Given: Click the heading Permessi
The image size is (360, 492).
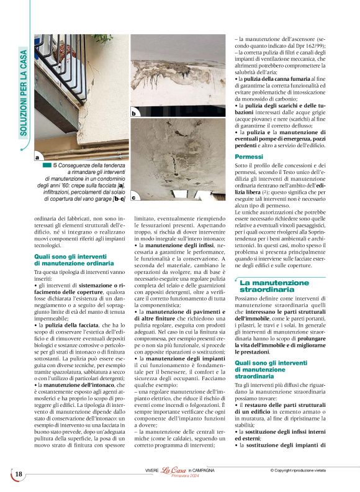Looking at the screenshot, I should tap(249, 157).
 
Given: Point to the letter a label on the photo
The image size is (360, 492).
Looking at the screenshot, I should tap(38, 158).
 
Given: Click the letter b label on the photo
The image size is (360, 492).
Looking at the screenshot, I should tap(133, 114).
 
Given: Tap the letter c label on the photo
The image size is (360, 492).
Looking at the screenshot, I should tap(133, 198).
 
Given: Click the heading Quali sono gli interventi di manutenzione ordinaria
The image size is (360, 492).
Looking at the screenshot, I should tap(74, 260).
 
